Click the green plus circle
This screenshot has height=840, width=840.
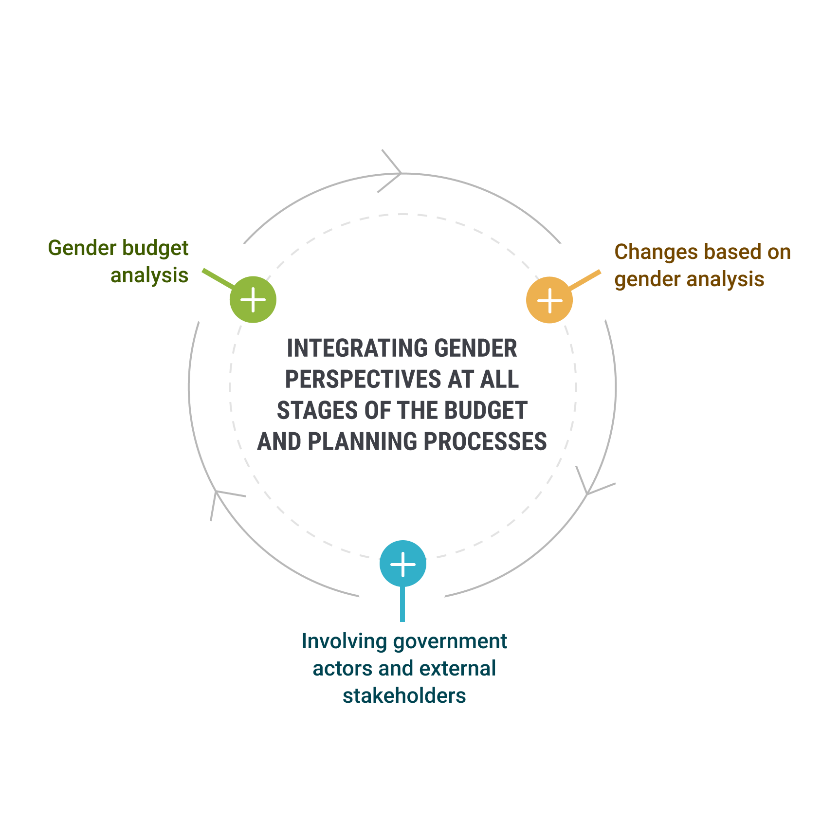pos(253,299)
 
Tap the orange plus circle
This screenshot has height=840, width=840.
pos(549,300)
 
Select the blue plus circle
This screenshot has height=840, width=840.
pos(403,564)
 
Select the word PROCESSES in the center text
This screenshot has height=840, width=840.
pos(485,442)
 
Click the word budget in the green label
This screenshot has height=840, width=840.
pos(155,248)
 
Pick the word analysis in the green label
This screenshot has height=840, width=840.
pos(149,275)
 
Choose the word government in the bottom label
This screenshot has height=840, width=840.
pos(450,641)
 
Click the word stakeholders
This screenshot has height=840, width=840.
pos(404,696)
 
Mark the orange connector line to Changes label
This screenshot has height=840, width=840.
pos(584,280)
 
